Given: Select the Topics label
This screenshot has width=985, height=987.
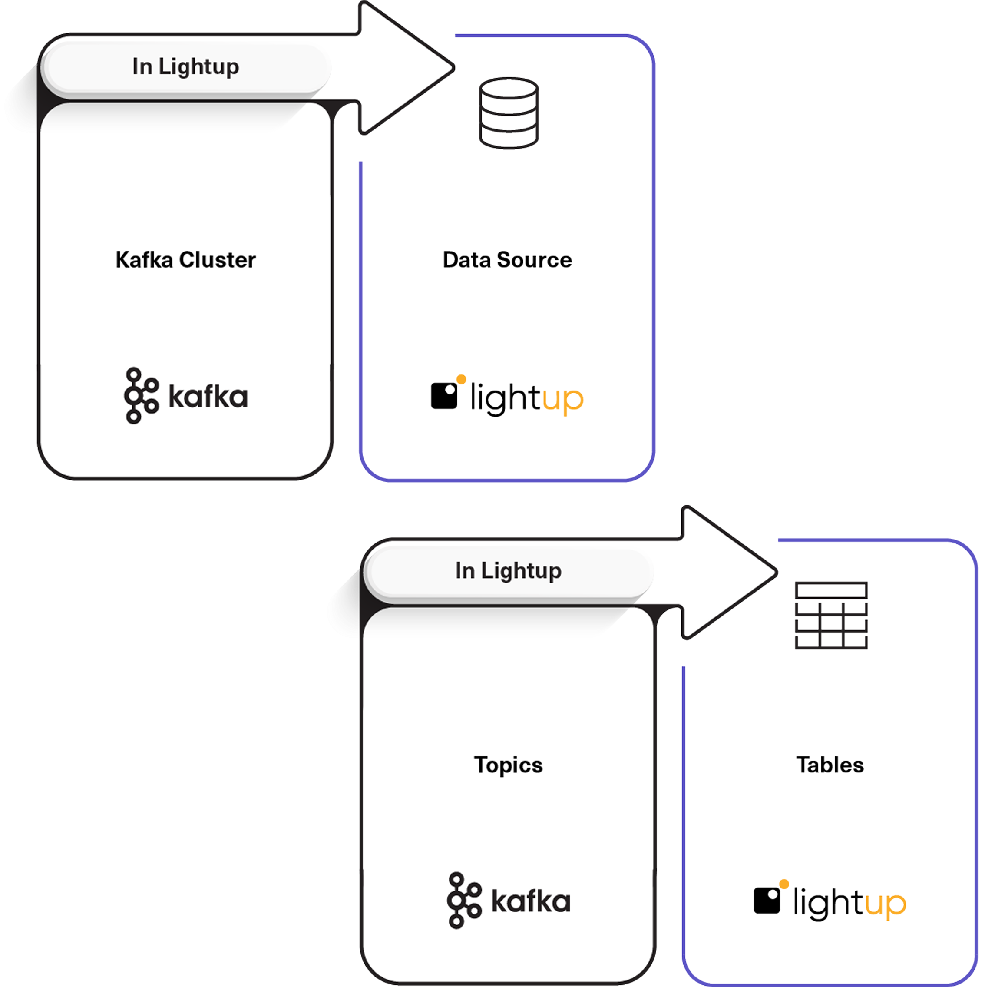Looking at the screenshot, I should [x=508, y=765].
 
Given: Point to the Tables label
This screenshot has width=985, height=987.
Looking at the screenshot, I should [x=830, y=765].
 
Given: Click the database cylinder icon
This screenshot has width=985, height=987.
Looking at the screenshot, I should [x=509, y=113].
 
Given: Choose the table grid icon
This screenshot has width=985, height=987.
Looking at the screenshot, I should [x=831, y=615].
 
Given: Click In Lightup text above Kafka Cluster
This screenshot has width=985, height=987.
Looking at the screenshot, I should [x=185, y=66].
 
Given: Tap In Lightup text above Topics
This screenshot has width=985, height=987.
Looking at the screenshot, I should [x=508, y=571].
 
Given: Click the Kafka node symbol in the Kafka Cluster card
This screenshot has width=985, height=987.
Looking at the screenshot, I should [x=140, y=395].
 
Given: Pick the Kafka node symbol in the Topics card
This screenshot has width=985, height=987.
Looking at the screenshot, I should [x=463, y=901].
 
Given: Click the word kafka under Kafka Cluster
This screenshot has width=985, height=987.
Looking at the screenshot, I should [x=208, y=397].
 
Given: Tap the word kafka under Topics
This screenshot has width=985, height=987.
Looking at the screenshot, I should [x=531, y=902].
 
